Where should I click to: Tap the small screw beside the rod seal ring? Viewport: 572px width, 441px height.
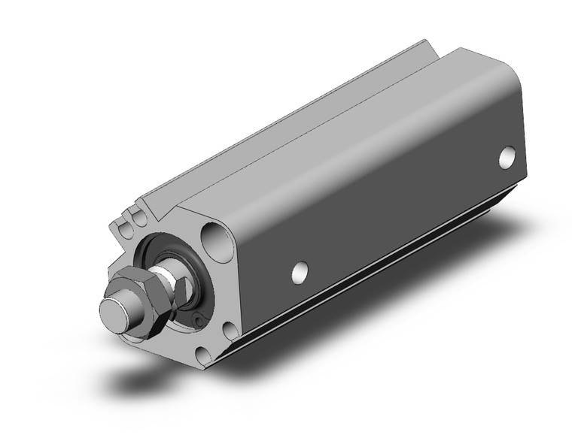197,322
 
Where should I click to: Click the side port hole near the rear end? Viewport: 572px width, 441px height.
509,159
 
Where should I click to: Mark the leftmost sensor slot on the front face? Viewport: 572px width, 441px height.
122,225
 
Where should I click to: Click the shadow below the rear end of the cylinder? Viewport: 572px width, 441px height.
482,225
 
